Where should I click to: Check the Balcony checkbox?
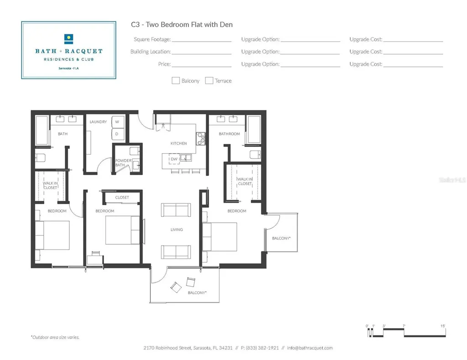click(x=176, y=81)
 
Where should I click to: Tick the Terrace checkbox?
click(x=209, y=81)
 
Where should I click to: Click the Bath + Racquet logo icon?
click(x=69, y=39)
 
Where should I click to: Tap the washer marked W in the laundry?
click(x=117, y=122)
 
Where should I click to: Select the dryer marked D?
click(x=117, y=134)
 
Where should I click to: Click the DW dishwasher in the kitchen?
click(x=174, y=159)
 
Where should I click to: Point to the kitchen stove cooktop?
click(x=201, y=139)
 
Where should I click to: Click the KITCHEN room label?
click(x=179, y=144)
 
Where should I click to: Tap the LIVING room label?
click(x=176, y=230)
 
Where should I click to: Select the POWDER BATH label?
click(x=123, y=163)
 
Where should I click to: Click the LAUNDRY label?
click(x=98, y=122)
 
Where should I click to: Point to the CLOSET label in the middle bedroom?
click(x=122, y=197)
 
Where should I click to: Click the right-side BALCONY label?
click(x=281, y=238)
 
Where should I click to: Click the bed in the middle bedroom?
click(x=123, y=230)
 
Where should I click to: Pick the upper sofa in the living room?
click(x=176, y=210)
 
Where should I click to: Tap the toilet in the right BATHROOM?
click(x=255, y=155)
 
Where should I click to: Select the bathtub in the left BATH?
click(x=42, y=130)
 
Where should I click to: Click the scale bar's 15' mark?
click(x=443, y=326)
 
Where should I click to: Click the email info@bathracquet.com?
click(x=310, y=348)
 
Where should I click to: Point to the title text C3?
click(x=135, y=25)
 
